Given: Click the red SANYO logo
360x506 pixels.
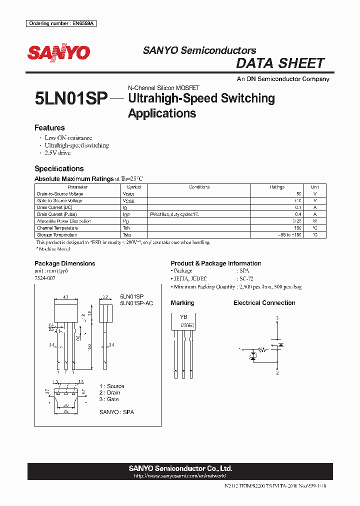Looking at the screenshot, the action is point(58,53).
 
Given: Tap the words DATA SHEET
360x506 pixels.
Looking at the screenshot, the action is point(280,63).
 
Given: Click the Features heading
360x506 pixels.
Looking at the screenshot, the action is point(49,127).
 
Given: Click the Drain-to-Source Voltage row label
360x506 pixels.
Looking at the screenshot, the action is point(60,194).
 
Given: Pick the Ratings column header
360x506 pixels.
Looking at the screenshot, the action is point(277,187).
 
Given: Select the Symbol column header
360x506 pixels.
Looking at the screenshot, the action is point(134,187).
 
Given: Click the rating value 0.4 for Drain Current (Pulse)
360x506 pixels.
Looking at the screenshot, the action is point(298,214).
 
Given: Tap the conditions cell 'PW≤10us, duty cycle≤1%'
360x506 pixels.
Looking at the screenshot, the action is point(174,214).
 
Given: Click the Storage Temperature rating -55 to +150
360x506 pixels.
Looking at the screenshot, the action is point(290,235).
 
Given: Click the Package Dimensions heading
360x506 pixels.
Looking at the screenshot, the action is point(64,263).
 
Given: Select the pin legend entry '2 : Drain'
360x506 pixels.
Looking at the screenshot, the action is point(109,393).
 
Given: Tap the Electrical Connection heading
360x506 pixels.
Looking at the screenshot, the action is point(264,303).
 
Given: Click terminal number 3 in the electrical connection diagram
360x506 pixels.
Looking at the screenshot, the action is point(277,318).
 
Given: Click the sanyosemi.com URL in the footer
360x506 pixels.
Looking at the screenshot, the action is point(180,476).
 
